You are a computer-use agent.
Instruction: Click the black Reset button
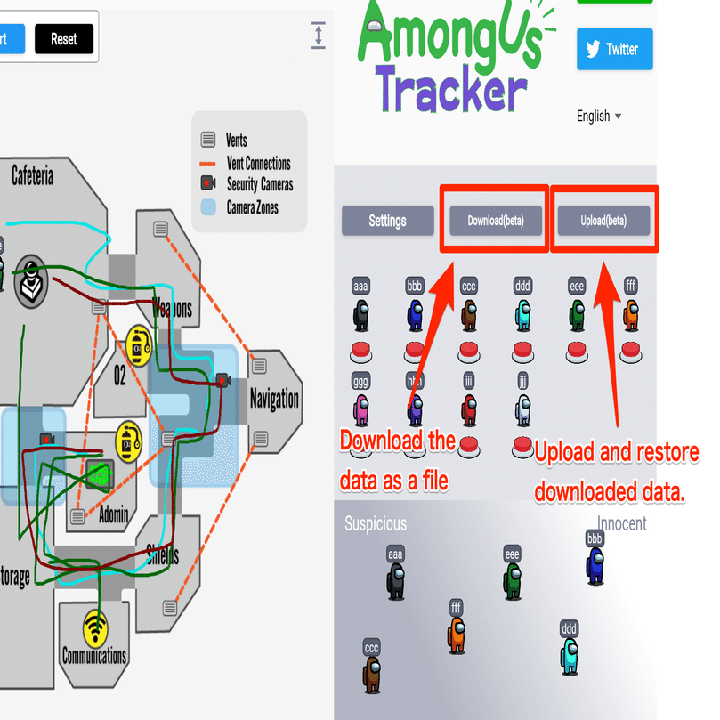63,39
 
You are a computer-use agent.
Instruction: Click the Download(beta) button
496,221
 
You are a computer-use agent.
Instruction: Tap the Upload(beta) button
603,221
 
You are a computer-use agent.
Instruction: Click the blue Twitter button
614,49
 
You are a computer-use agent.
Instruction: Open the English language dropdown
599,116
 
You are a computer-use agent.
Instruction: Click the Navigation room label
274,398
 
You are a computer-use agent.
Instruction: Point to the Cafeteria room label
33,175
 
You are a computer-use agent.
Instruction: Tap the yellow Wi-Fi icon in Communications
94,628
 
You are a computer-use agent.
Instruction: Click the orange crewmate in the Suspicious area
456,635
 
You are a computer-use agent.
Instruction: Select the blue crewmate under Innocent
595,564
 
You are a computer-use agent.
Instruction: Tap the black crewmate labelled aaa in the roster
360,315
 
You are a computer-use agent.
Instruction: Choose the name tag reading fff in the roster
631,287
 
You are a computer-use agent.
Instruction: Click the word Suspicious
375,524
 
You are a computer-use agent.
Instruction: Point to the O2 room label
120,376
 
